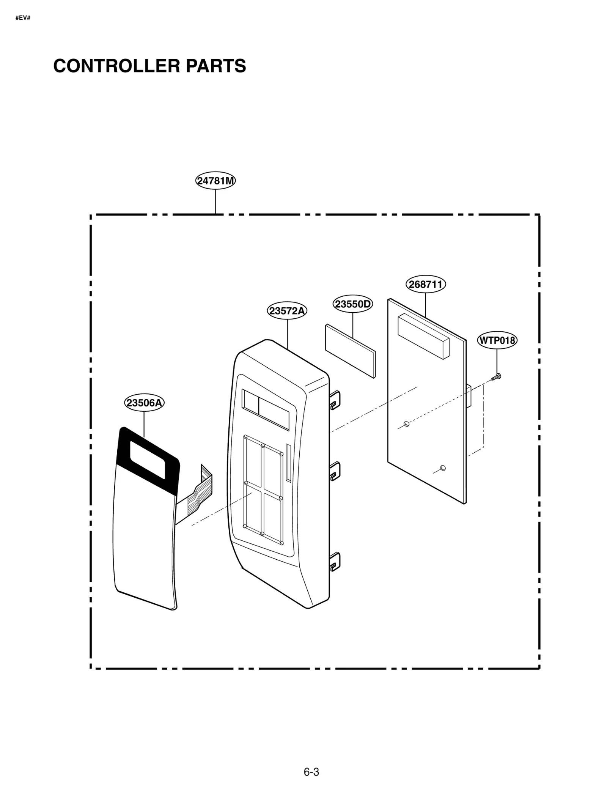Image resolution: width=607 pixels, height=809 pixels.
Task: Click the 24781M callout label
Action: point(215,181)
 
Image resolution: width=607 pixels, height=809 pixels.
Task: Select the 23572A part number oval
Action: point(287,311)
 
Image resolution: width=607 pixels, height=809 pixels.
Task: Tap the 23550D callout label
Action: point(352,304)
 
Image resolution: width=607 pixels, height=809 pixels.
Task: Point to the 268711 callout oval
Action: point(425,284)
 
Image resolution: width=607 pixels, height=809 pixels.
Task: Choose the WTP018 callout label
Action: point(497,340)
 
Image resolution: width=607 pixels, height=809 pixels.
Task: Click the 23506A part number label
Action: point(144,403)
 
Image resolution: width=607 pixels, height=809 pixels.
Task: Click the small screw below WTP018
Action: point(496,377)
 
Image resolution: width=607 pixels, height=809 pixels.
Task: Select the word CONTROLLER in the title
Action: point(116,66)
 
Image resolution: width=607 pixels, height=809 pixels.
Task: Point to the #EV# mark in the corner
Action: point(23,18)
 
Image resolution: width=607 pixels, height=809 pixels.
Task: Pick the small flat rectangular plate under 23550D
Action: point(350,351)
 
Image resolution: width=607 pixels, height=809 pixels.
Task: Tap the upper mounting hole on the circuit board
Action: point(406,423)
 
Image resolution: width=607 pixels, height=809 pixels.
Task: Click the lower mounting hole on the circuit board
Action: point(442,468)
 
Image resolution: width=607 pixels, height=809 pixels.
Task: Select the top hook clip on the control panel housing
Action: point(335,400)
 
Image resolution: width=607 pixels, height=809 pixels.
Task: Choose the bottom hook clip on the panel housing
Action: point(335,562)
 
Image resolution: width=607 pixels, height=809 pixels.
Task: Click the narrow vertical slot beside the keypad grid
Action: point(288,463)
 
